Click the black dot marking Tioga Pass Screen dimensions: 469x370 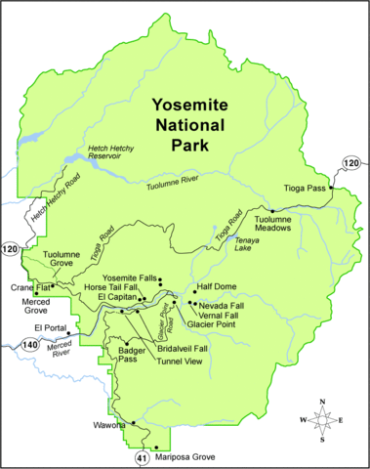[332, 188]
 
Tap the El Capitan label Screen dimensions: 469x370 [114, 297]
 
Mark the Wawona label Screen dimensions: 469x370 [105, 425]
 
